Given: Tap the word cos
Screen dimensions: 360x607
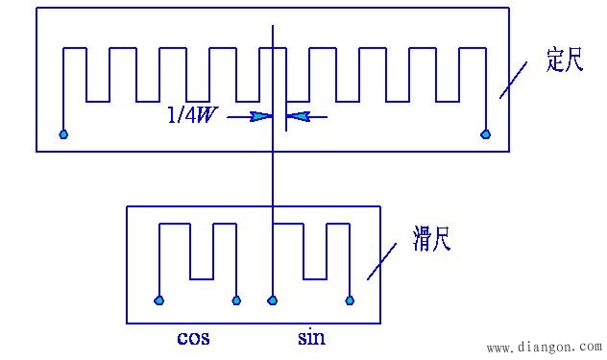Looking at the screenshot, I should (194, 337).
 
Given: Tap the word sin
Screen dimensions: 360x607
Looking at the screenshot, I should (311, 337).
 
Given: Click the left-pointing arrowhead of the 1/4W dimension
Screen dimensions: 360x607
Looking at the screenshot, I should (296, 117).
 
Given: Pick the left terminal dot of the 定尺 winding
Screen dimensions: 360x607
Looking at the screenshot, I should (63, 134).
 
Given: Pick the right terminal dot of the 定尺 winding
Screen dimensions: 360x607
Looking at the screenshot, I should (486, 134).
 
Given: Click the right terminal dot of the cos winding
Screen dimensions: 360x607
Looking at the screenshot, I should (235, 300).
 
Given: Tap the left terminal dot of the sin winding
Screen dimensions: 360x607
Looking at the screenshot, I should (273, 300).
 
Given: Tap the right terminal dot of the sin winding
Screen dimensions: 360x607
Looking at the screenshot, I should (350, 300).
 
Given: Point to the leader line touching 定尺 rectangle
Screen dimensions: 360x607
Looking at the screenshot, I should (513, 81).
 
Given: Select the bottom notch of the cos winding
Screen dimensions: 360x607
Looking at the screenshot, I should (200, 278).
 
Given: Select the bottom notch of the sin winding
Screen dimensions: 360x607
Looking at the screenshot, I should (315, 278).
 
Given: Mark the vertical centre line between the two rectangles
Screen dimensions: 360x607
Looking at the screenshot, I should (274, 178).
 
